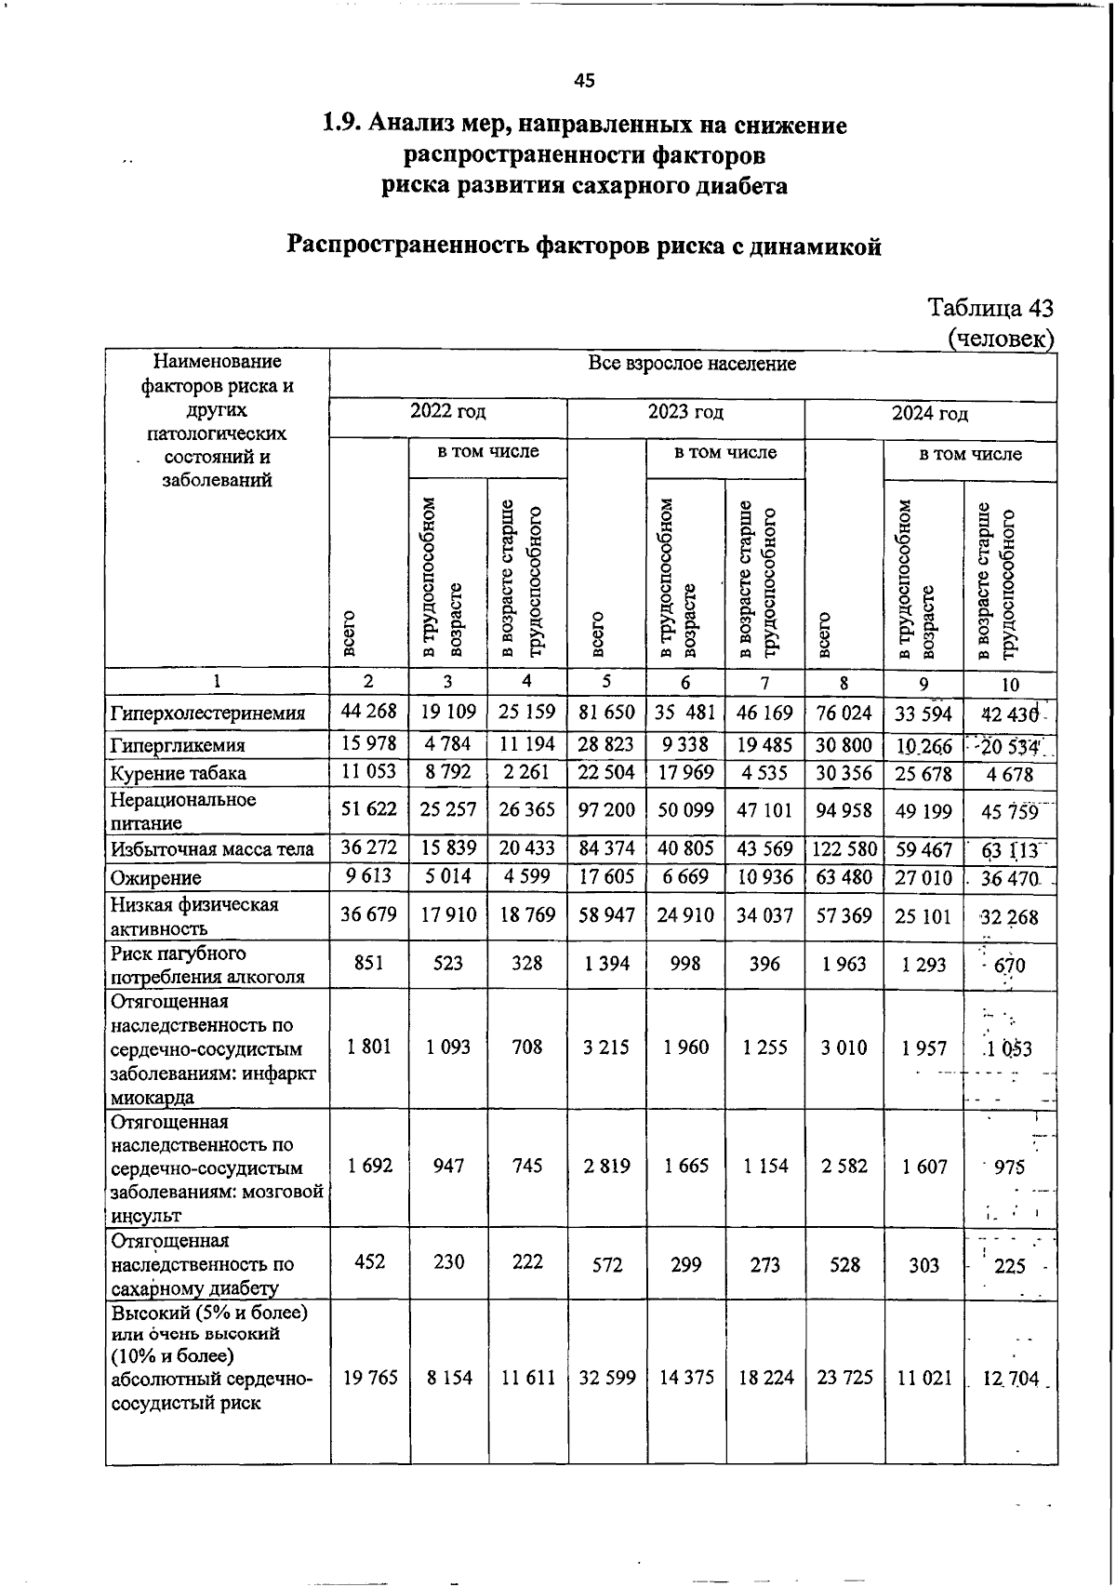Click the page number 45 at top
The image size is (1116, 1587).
tap(584, 81)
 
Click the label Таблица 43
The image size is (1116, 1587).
tap(990, 308)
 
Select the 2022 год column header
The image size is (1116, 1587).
tap(448, 412)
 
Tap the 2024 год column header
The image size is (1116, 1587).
tap(930, 414)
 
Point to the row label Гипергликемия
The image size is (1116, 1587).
tap(178, 746)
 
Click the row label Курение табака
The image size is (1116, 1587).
tap(179, 774)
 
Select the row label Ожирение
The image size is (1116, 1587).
tap(155, 878)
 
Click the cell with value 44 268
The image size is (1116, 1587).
tap(369, 712)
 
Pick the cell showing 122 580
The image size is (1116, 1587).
tap(844, 849)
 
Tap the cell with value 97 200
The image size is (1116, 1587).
tap(606, 810)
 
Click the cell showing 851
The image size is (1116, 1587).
tap(369, 964)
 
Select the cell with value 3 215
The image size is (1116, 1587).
tap(606, 1047)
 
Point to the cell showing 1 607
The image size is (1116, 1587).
tap(923, 1167)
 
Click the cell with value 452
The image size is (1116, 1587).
tap(369, 1262)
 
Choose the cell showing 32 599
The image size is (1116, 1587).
tap(606, 1378)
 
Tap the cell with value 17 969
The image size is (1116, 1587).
tap(685, 772)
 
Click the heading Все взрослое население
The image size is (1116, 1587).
tap(692, 364)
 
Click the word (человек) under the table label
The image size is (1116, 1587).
tap(1001, 338)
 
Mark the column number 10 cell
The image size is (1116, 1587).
tap(1010, 685)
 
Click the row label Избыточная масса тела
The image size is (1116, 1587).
tap(213, 849)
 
